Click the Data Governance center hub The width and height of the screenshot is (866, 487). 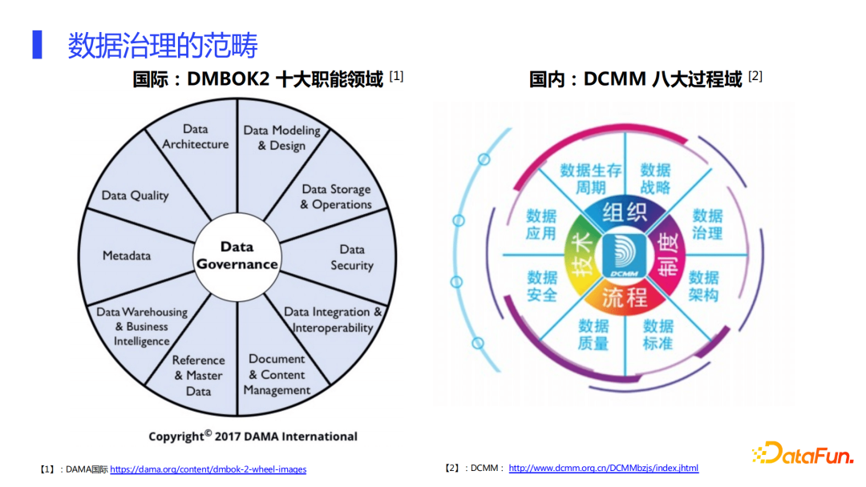pos(237,256)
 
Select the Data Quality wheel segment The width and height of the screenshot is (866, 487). pos(136,195)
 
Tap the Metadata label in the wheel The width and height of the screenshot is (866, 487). pos(127,256)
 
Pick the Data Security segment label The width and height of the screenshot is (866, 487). pos(352,257)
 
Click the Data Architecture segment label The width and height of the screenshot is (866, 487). pos(196,137)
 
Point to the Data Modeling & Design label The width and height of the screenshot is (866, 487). pos(281,138)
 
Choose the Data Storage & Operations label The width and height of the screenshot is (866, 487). pos(336,197)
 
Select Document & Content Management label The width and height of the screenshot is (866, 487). pos(277,374)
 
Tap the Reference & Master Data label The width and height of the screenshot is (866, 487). pos(199,376)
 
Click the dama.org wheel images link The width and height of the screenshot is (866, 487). pos(208,469)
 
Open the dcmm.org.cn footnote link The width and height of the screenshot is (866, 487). pos(603,468)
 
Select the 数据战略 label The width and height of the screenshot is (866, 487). pos(655,179)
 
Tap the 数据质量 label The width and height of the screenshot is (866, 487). pos(593,334)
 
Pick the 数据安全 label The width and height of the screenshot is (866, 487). pos(542,286)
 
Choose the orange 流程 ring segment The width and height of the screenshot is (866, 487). pos(624,297)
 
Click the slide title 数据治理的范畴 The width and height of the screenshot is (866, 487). pos(163,46)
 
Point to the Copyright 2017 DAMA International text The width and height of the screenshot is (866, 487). pos(253,437)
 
